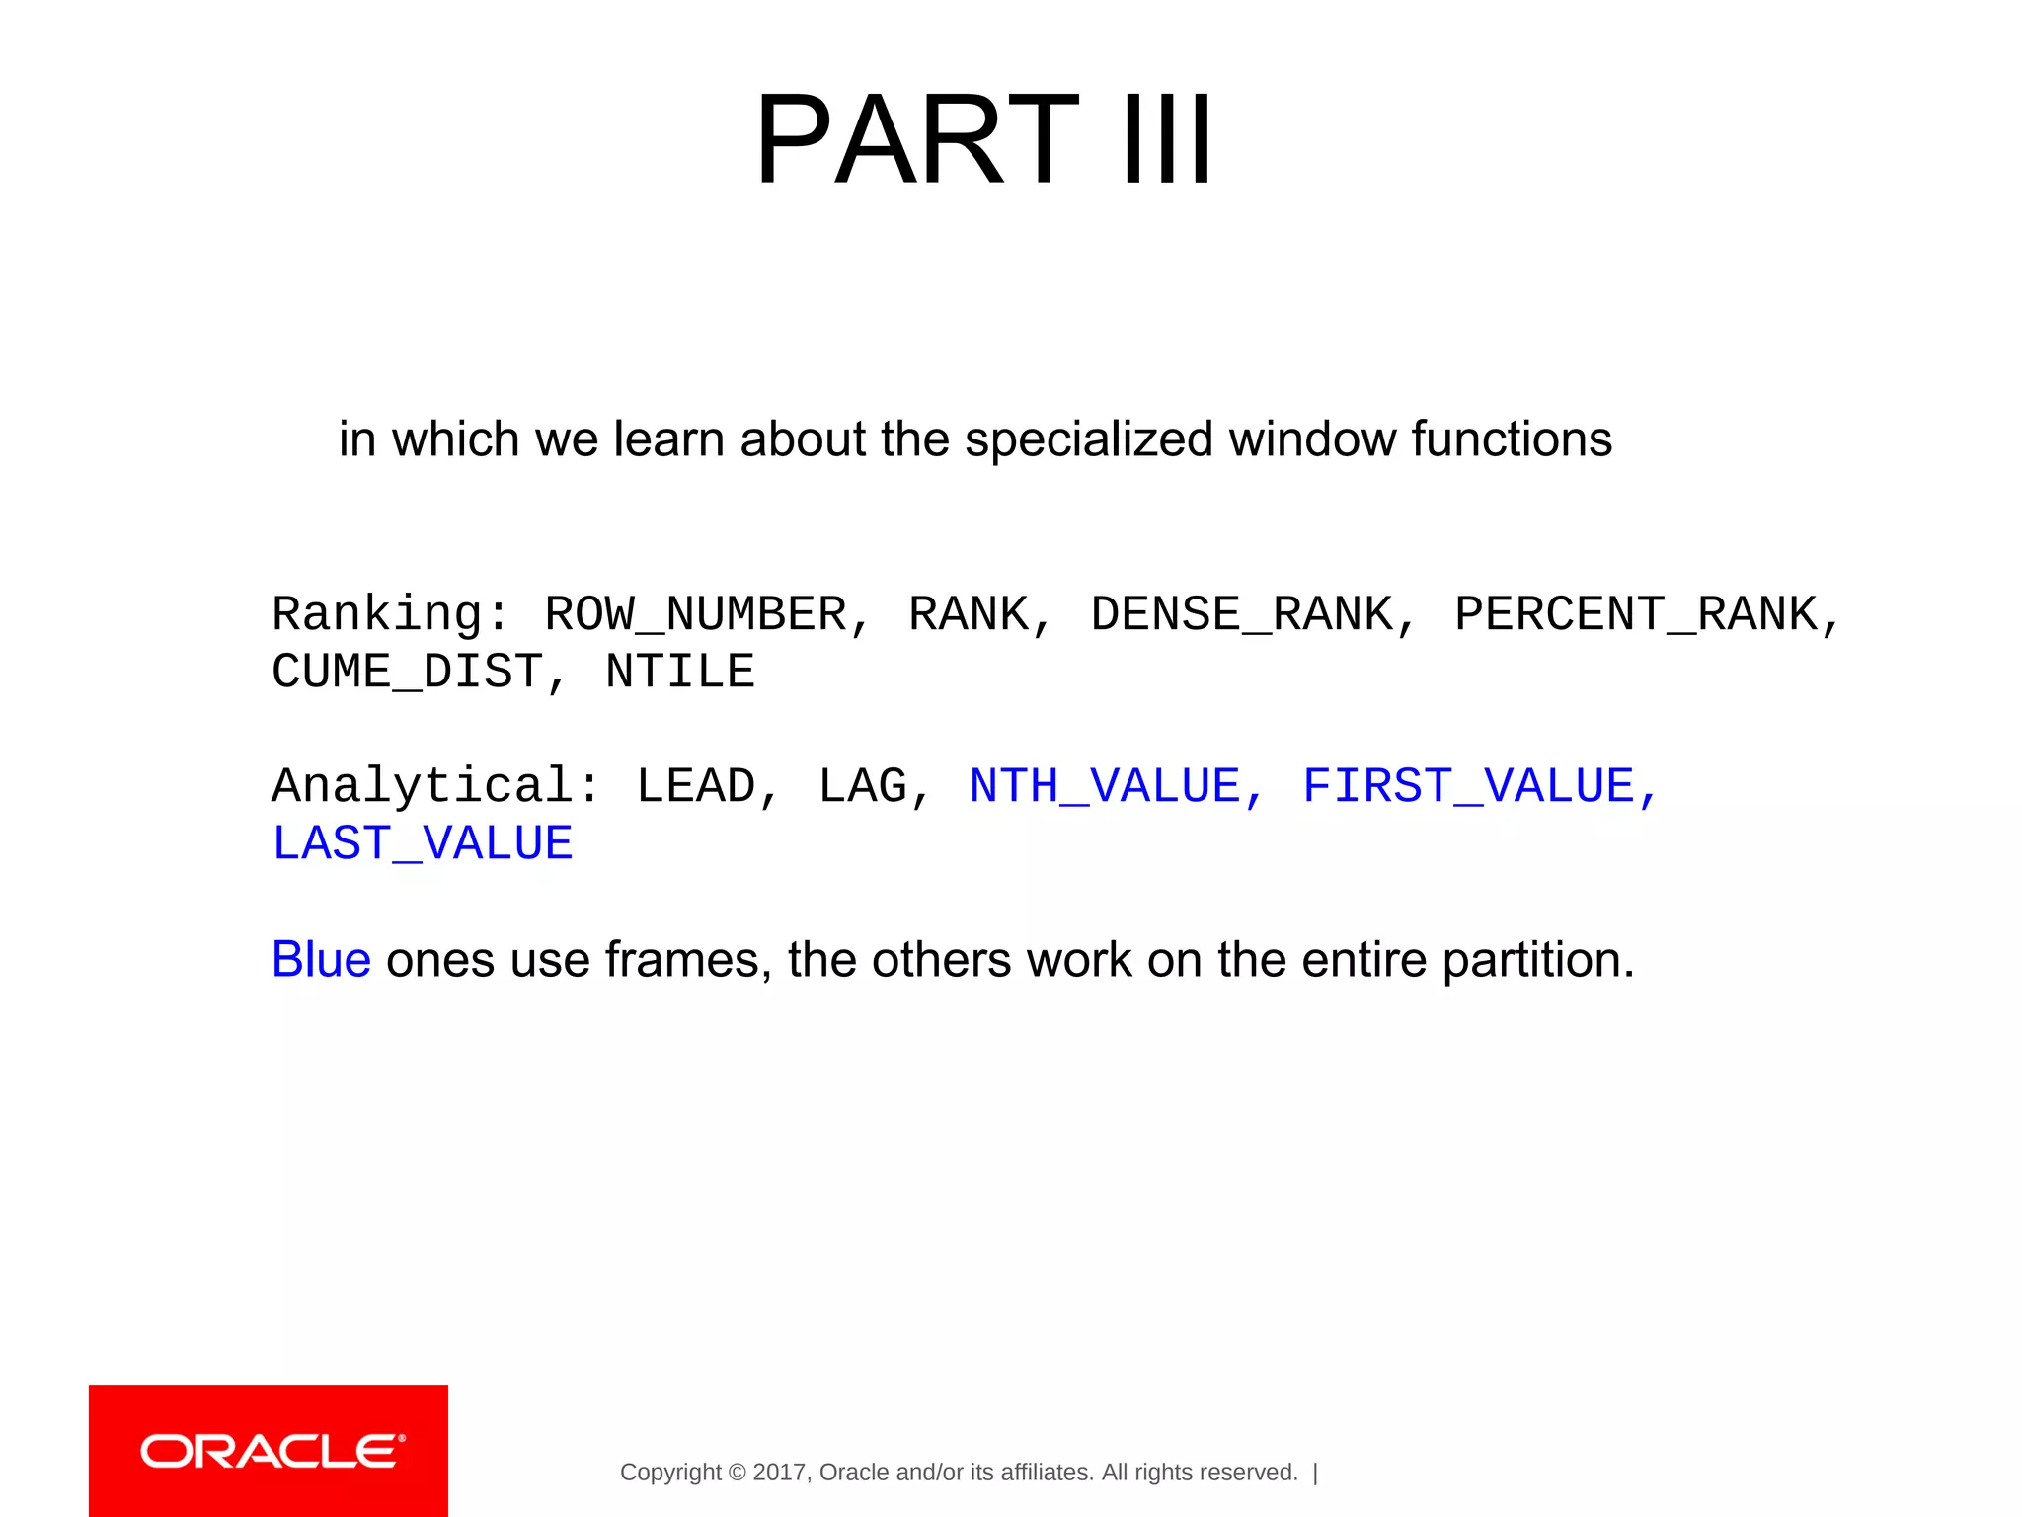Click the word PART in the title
916,140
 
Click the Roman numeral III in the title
1167,140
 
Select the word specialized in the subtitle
1088,439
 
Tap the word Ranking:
390,614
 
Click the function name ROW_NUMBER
696,614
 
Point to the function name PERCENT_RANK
1636,614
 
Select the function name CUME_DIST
407,672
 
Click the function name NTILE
679,672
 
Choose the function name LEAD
696,787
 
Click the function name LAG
862,787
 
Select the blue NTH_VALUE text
1105,787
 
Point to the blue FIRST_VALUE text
1468,787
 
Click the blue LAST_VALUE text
423,844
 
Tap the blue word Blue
321,959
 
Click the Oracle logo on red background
269,1451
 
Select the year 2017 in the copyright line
779,1473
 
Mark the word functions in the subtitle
1511,439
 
